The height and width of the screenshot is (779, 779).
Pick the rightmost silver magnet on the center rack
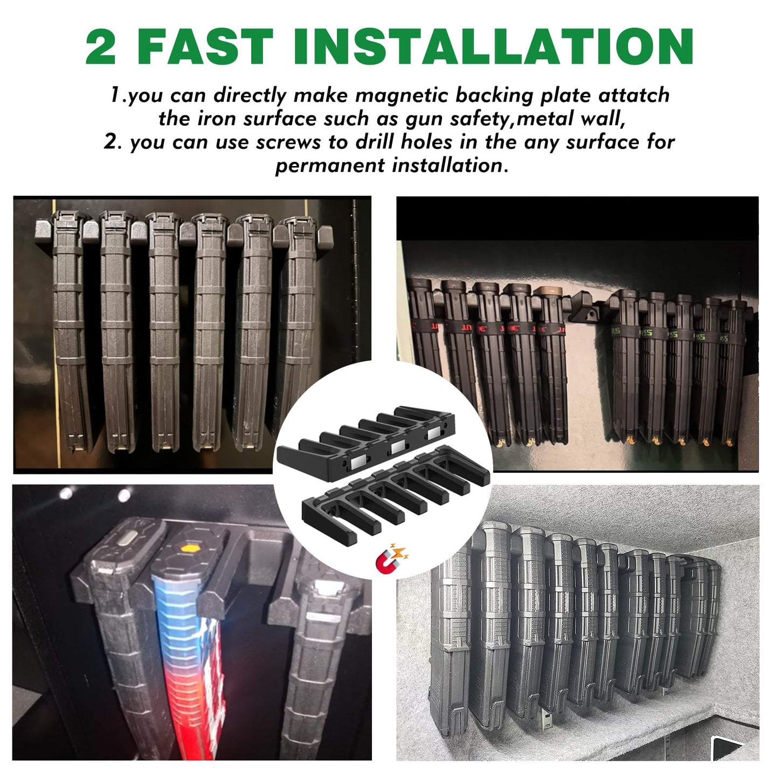433,433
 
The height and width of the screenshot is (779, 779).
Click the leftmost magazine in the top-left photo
67,329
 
